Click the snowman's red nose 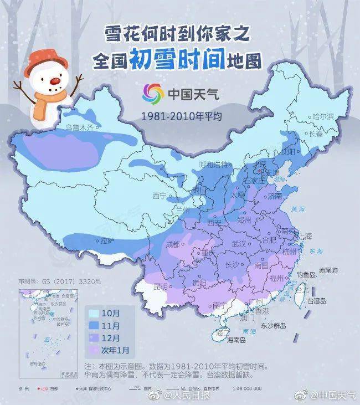pos(55,81)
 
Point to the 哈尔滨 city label pos(323,117)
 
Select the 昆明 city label pos(160,286)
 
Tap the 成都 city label pos(173,244)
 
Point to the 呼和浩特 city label pos(213,165)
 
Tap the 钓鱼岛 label pos(306,274)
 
